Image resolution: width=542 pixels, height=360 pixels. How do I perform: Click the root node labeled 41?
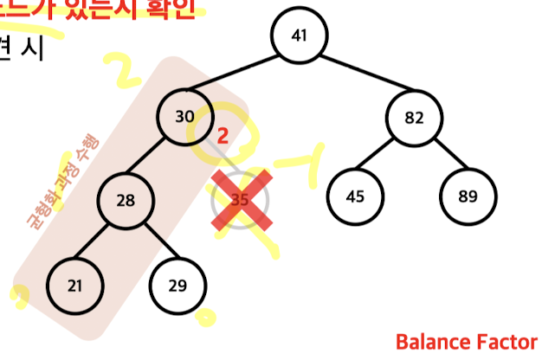300,35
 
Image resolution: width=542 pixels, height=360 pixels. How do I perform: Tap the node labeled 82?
414,118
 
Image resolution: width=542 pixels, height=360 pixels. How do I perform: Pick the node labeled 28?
126,201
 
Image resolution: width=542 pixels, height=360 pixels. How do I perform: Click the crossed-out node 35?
241,199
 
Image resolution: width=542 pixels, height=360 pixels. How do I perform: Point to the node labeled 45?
355,196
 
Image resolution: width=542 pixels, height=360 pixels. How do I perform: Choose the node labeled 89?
468,196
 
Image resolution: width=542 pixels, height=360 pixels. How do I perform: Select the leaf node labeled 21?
74,285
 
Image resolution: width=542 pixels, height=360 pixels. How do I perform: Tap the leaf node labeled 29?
177,285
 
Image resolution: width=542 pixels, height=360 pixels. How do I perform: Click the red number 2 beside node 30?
223,136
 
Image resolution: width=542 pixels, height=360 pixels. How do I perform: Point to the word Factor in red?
507,342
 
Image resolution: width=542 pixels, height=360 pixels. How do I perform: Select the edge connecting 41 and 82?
357,76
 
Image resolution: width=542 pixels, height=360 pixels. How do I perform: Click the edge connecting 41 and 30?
242,76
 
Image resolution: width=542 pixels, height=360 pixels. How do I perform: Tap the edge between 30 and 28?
156,159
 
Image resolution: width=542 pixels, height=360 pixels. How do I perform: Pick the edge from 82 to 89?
441,157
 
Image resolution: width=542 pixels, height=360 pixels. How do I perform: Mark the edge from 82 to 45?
384,157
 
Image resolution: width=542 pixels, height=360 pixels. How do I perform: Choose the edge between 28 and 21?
100,242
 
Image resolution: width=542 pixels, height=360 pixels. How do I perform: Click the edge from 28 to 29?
152,242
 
